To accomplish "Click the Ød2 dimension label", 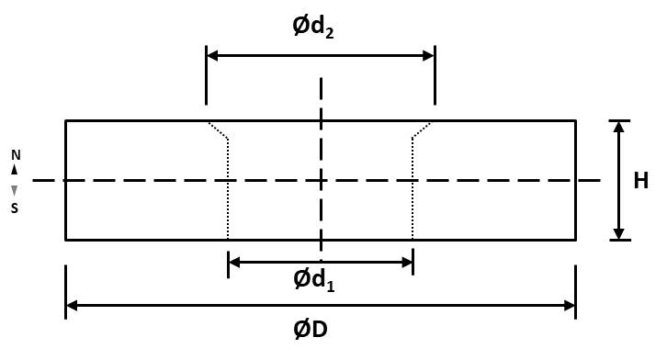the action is [x=313, y=28].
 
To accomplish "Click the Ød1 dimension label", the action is [x=314, y=280].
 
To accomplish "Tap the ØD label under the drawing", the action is [x=311, y=330].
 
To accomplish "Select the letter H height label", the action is [x=641, y=181].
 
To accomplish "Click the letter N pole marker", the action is [x=16, y=155].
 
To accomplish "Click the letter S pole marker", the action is [x=15, y=208].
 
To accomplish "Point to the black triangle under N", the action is [x=15, y=170].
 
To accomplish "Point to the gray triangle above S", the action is [x=15, y=191].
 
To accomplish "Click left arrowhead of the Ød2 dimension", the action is [x=212, y=56].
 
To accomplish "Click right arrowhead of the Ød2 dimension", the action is [x=429, y=56].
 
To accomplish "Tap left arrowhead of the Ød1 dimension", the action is [x=234, y=263].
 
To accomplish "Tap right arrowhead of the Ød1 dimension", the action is [x=407, y=263].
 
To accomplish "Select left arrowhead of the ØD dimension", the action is [x=72, y=305].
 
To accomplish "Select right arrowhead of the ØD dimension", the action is [x=570, y=305].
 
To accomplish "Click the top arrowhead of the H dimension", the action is [x=619, y=127].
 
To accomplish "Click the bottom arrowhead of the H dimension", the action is [x=619, y=234].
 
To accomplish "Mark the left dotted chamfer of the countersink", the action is [x=219, y=130].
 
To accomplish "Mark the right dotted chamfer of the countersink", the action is [x=422, y=130].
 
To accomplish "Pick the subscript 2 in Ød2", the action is [x=329, y=33].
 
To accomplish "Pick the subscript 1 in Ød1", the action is [x=330, y=286].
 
